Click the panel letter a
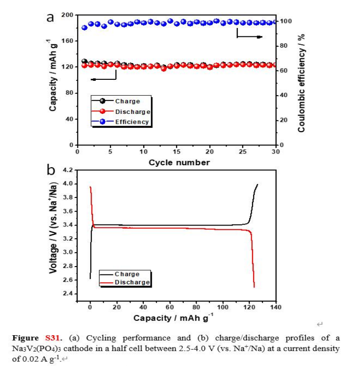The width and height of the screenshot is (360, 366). pos(50,17)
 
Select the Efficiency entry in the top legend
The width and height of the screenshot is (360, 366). pos(132,122)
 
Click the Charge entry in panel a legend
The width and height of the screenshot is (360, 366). pos(127,101)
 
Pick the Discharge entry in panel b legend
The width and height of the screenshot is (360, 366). pos(132,282)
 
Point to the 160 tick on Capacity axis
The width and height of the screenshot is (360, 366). pos(67,41)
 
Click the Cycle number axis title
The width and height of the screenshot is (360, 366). pos(179,162)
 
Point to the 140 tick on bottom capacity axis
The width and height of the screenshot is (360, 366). pos(275,307)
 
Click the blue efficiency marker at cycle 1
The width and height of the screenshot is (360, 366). pos(85,28)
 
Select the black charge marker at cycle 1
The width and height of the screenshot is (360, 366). pos(84,61)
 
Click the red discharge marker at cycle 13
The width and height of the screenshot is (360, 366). pos(163,68)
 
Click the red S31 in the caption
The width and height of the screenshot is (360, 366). pos(52,338)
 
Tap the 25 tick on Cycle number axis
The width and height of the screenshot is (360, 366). pos(243,151)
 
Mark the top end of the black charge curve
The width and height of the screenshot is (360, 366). pos(257,184)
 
